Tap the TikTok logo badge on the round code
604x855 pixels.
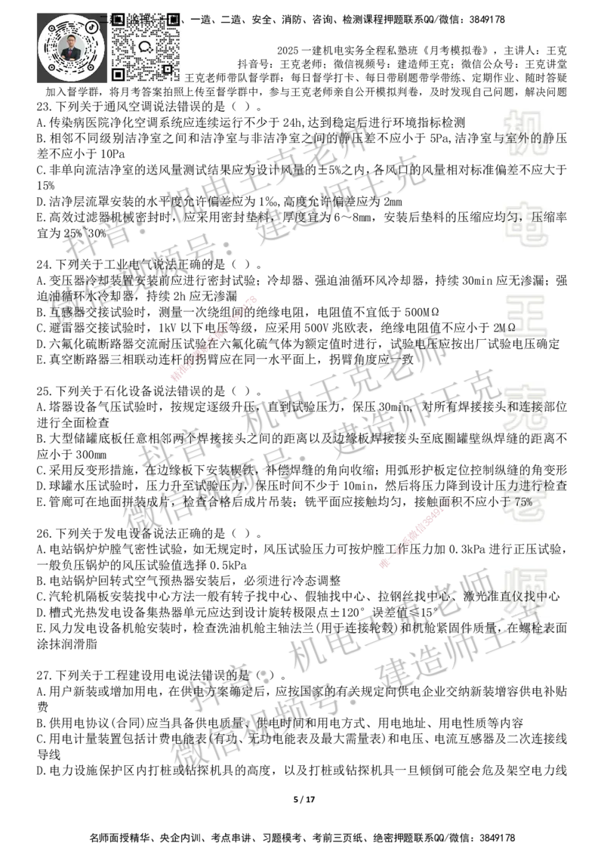click(92, 26)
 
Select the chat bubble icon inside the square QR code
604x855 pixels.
click(146, 46)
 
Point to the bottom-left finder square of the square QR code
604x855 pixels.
click(118, 74)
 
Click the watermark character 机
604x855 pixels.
click(526, 132)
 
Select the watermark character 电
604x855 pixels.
click(529, 224)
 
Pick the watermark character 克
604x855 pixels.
click(526, 409)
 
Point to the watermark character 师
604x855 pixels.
click(526, 592)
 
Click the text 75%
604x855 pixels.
click(523, 502)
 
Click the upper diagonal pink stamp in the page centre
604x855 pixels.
click(214, 339)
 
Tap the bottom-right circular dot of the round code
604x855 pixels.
click(91, 67)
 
